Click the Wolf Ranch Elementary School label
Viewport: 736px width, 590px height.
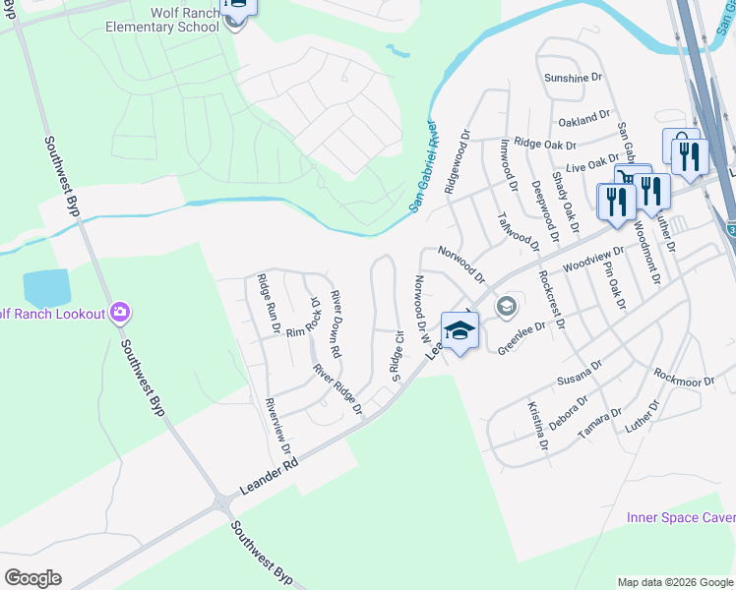(x=162, y=19)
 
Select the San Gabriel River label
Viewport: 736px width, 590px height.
(x=422, y=167)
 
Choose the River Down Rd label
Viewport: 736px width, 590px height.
(x=337, y=324)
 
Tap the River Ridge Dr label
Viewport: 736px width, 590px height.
(x=337, y=389)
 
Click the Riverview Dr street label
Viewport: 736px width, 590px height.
(x=278, y=426)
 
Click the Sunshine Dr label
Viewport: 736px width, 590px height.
(x=572, y=77)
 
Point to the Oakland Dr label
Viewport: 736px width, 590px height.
(x=584, y=118)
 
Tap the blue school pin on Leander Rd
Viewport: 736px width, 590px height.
(x=460, y=330)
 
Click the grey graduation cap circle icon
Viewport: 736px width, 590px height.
(x=506, y=308)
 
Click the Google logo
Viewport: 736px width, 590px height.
(x=32, y=578)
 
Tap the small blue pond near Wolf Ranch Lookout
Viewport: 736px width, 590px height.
(x=46, y=288)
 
